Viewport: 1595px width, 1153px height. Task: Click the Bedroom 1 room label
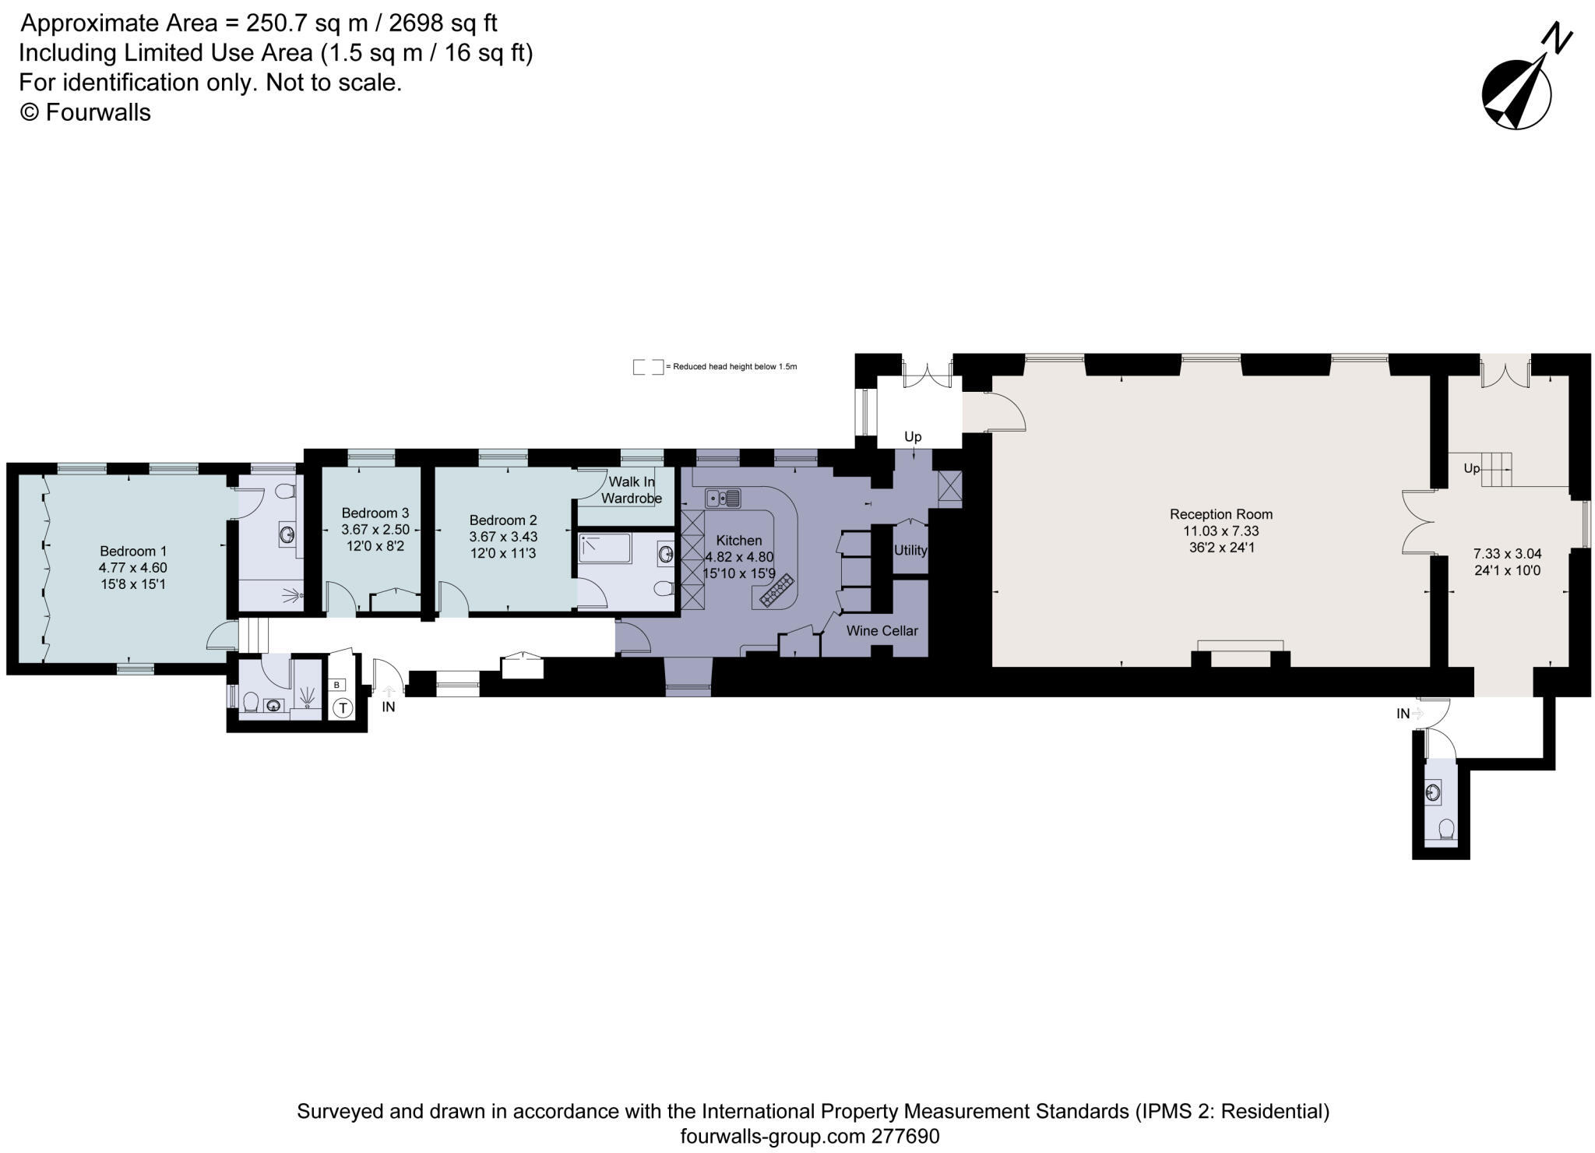tap(132, 551)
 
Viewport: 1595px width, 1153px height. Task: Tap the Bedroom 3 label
tap(375, 513)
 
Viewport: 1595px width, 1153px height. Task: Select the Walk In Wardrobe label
tap(631, 490)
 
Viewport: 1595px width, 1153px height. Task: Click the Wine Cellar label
tap(882, 630)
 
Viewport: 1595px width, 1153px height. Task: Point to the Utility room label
tap(910, 550)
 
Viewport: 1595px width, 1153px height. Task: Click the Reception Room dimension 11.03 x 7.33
tap(1220, 531)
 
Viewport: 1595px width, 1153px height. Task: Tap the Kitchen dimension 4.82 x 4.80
tap(738, 557)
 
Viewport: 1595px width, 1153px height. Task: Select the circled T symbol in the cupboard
tap(343, 708)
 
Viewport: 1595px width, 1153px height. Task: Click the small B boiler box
tap(336, 685)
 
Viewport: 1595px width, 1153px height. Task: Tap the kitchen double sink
tap(723, 498)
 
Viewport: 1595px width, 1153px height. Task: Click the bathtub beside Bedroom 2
tap(605, 548)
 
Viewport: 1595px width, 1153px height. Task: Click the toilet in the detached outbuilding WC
tap(1447, 830)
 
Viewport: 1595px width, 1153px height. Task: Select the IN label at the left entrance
tap(388, 707)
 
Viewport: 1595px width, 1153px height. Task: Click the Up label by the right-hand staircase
tap(1471, 468)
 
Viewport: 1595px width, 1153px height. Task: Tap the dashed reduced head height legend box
tap(647, 366)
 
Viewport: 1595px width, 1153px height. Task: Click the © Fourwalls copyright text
tap(85, 113)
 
